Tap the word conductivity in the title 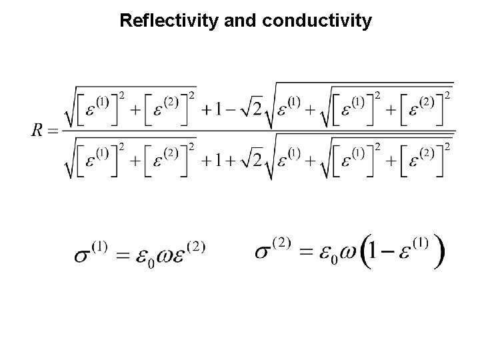pyautogui.click(x=318, y=21)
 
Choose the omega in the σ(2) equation pyautogui.click(x=346, y=255)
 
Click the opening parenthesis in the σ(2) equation pyautogui.click(x=365, y=253)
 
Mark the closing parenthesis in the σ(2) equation pyautogui.click(x=439, y=253)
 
